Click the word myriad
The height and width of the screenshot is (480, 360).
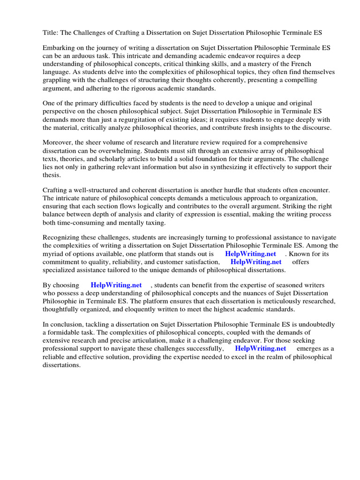pos(54,254)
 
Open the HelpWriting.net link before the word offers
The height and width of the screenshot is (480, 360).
pos(256,262)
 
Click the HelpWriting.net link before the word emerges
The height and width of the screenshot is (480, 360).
pos(261,348)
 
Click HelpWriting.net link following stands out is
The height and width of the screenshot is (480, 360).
pos(251,254)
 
